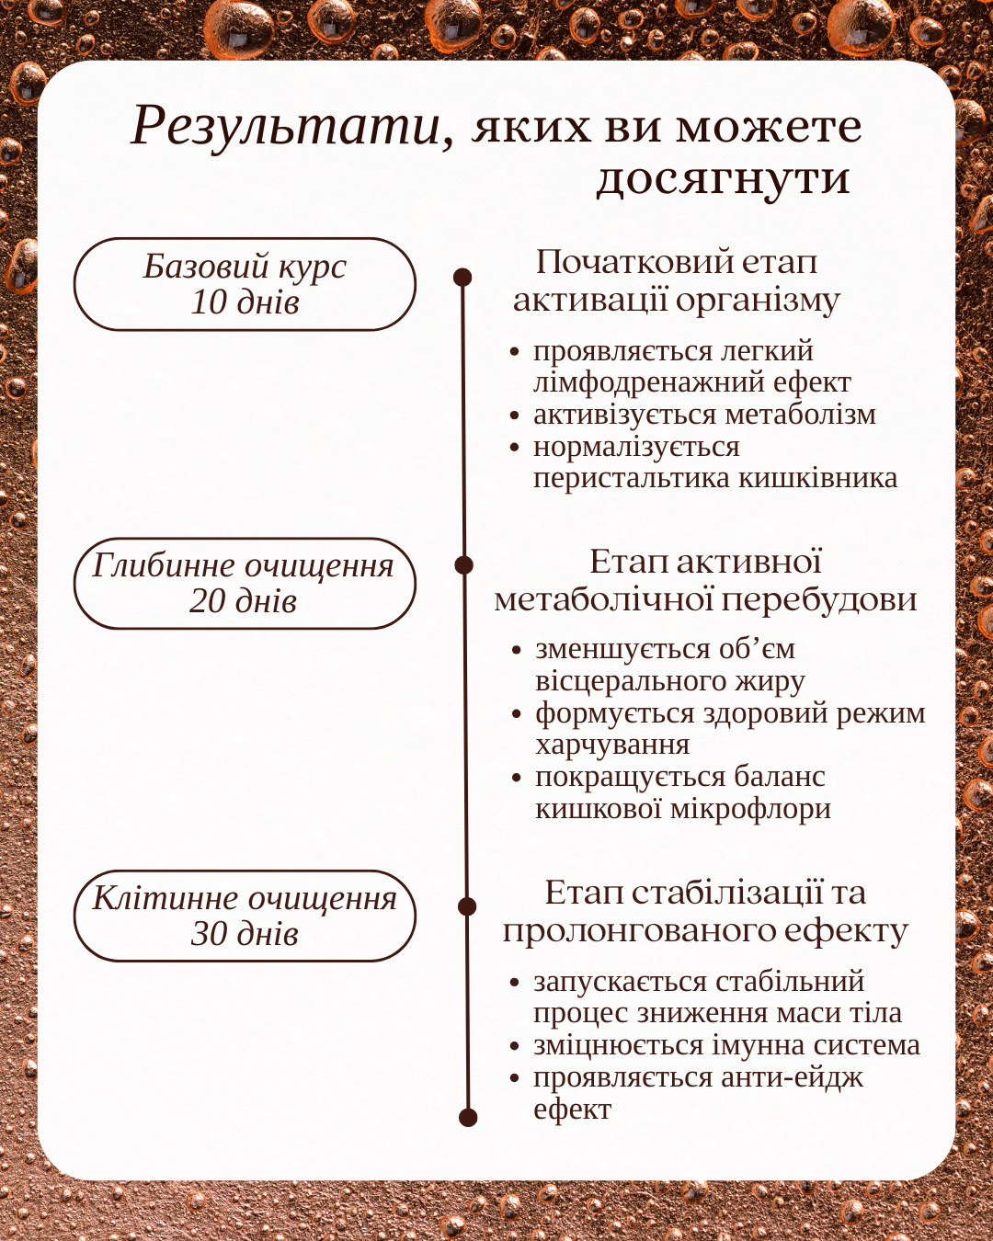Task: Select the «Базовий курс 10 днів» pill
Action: point(245,284)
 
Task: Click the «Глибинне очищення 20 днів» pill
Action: point(245,584)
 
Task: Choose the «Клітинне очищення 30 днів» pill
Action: point(245,916)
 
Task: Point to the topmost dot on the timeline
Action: point(462,277)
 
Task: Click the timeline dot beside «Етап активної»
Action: point(463,564)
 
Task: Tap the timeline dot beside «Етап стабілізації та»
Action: point(467,906)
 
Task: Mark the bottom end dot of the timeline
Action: point(468,1117)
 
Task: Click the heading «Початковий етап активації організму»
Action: point(677,281)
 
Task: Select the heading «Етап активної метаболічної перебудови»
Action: point(705,580)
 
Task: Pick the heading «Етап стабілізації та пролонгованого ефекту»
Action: point(705,911)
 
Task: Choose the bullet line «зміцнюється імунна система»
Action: point(726,1045)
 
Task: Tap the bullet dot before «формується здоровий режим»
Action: point(517,714)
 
